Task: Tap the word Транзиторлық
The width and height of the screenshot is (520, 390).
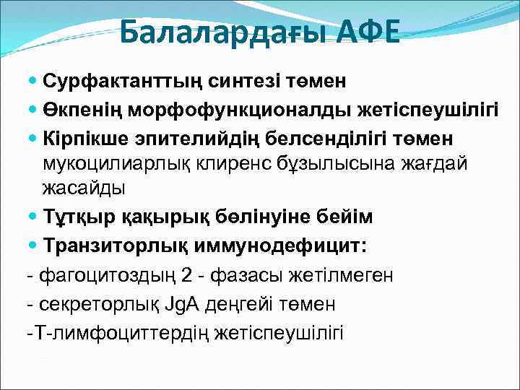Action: click(115, 246)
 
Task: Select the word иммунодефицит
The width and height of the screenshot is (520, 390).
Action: click(282, 246)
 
